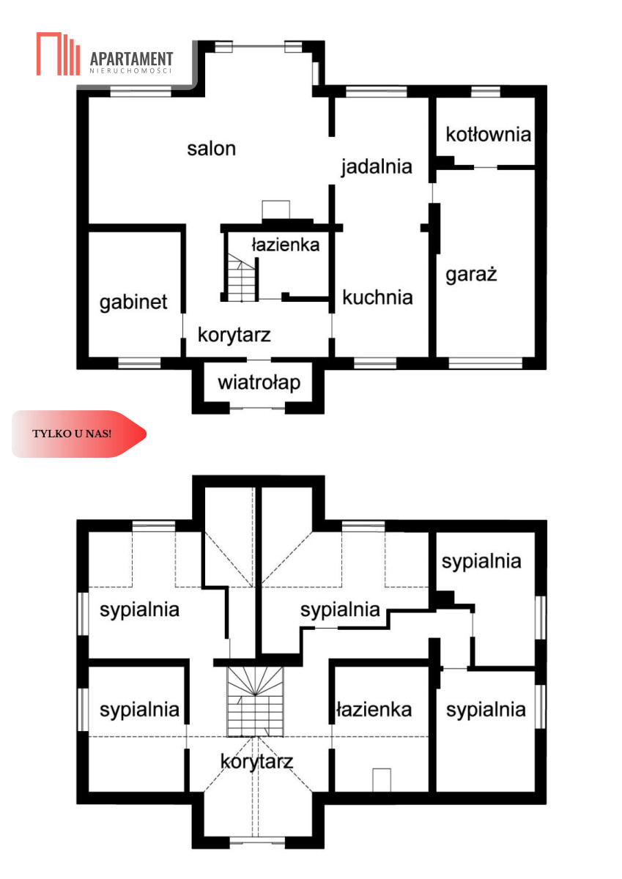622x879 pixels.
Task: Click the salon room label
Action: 211,149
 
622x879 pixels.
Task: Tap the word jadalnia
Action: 377,167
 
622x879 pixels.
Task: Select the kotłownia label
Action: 488,135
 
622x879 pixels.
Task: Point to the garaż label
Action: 471,274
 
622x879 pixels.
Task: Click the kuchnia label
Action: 377,297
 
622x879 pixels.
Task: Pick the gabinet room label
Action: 133,303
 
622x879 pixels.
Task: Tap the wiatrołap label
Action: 259,382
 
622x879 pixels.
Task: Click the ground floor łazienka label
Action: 285,245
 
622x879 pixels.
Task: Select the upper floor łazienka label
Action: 374,710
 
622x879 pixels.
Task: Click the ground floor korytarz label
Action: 234,335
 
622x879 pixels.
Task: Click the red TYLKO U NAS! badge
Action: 79,434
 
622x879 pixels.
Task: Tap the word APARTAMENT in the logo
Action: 131,59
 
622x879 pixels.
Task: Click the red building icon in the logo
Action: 58,53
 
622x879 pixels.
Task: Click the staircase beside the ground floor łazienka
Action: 241,278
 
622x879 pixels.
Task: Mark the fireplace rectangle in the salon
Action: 276,210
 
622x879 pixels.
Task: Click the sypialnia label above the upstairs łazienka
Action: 340,609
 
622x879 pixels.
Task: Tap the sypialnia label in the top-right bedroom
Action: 481,562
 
